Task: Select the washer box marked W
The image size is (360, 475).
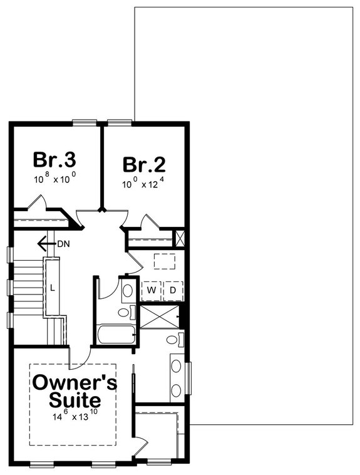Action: [152, 290]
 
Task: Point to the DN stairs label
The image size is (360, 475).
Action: [63, 243]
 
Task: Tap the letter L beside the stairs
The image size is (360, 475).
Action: [52, 288]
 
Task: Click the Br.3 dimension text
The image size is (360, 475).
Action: [55, 179]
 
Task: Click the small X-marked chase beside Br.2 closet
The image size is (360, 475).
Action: [181, 238]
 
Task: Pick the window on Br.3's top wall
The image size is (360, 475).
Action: [82, 122]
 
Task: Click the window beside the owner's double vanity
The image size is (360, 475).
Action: [190, 379]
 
